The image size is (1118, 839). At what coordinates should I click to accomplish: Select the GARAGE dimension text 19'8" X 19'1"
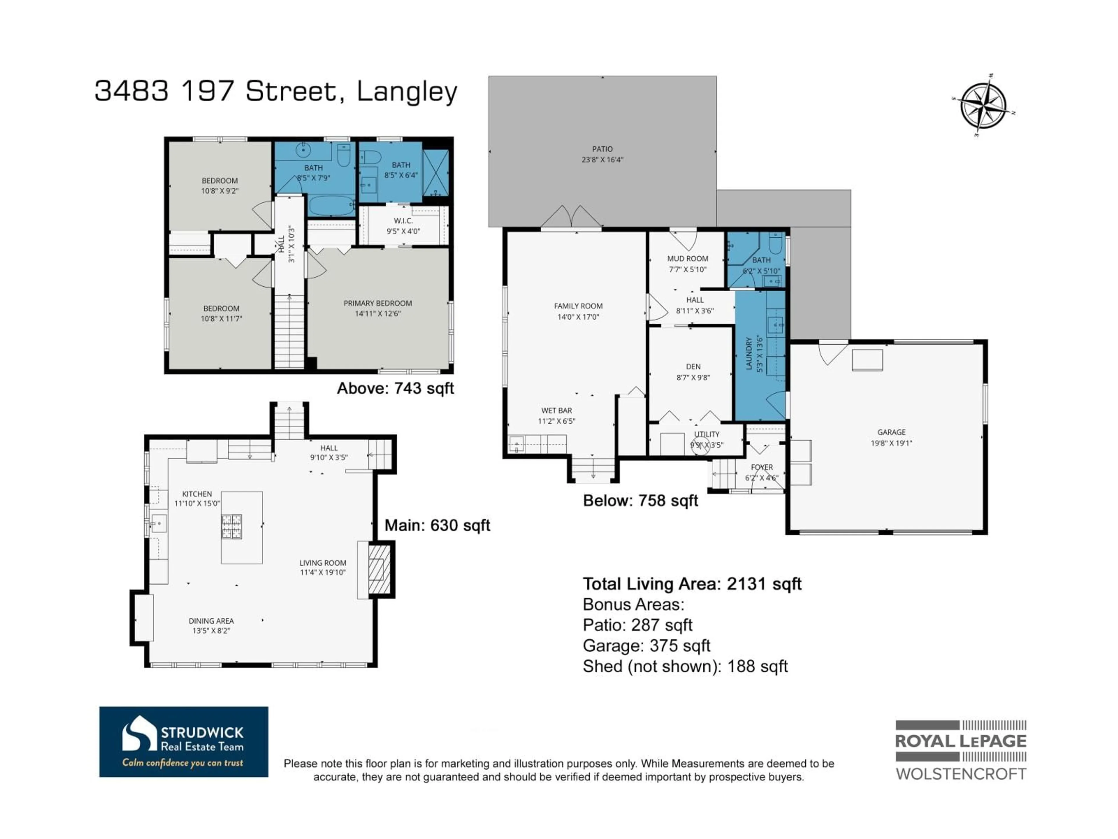tap(891, 443)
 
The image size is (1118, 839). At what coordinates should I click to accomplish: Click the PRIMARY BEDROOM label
tap(378, 303)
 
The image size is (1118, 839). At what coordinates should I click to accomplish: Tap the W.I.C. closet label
tap(403, 221)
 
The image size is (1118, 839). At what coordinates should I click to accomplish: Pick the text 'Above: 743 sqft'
tap(395, 388)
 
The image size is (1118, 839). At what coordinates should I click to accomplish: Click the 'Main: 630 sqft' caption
tap(437, 526)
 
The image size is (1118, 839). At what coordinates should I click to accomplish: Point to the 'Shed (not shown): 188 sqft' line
tap(685, 667)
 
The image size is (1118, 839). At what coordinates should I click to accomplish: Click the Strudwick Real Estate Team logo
tap(183, 741)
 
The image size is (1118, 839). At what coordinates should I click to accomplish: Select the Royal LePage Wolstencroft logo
tap(960, 750)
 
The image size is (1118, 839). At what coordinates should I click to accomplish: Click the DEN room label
tap(693, 367)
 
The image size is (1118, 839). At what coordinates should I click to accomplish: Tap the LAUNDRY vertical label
tap(749, 354)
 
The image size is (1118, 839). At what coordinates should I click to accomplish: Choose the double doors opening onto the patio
tap(571, 217)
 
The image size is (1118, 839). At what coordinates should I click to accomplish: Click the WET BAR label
tap(556, 411)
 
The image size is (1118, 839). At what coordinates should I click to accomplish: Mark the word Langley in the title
tap(407, 92)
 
